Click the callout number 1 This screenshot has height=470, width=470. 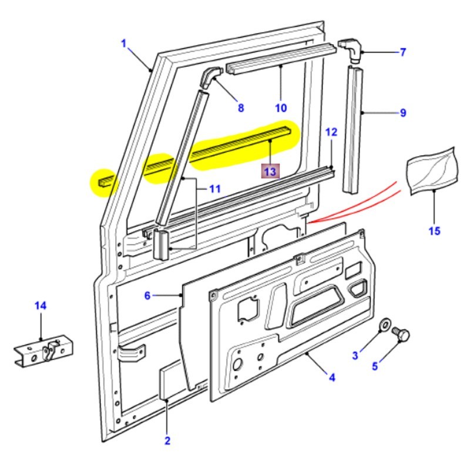click(x=124, y=43)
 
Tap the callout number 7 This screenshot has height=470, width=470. click(x=403, y=53)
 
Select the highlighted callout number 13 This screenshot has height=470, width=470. click(x=270, y=171)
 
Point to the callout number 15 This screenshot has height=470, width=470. click(x=434, y=230)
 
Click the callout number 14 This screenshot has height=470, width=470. click(x=40, y=305)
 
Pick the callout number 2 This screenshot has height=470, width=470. click(x=167, y=441)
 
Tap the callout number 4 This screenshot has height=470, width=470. click(x=332, y=377)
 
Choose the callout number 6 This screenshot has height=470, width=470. click(x=148, y=296)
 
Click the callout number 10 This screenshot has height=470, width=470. click(x=280, y=108)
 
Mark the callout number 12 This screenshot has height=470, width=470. click(x=331, y=132)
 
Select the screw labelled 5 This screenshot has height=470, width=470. click(x=402, y=335)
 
